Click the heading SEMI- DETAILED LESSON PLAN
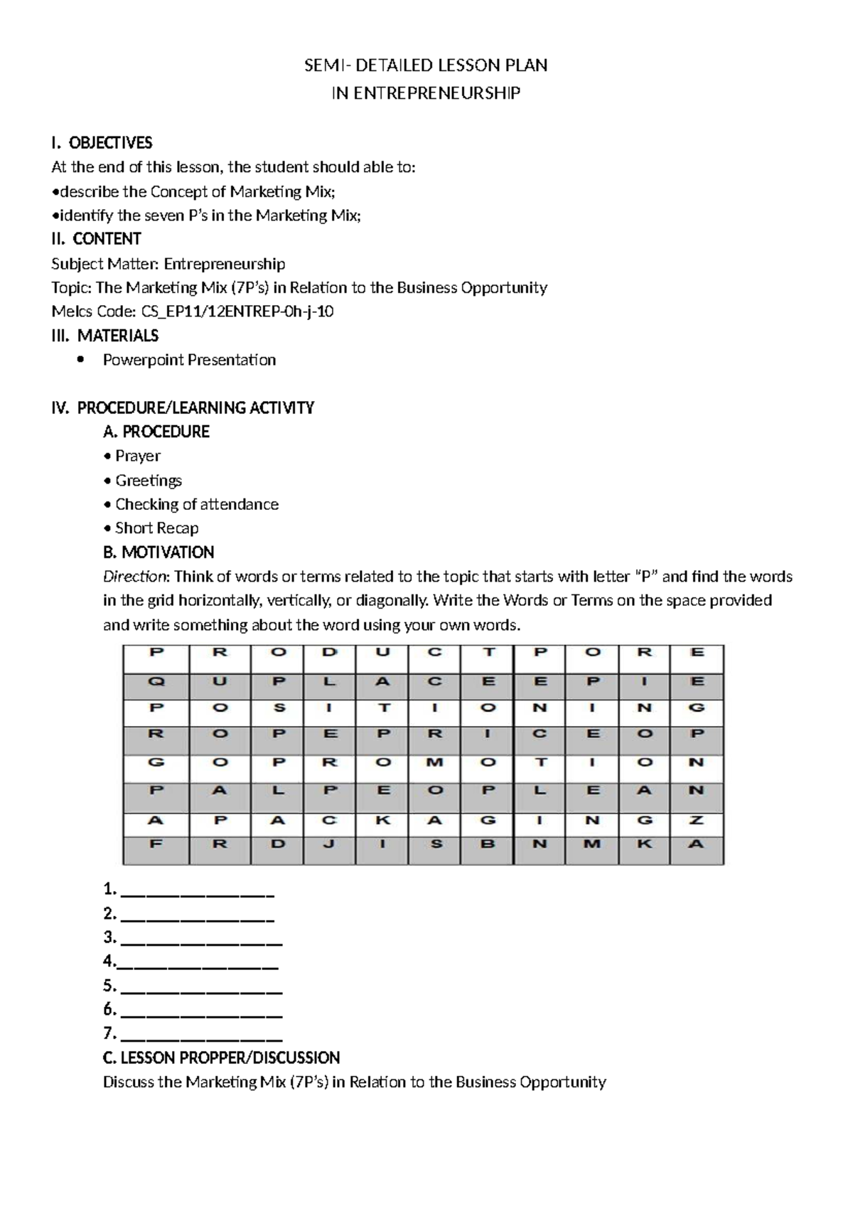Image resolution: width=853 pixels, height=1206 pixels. click(x=426, y=65)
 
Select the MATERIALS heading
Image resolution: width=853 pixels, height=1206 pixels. click(x=117, y=336)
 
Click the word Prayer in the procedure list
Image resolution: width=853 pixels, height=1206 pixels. click(x=138, y=456)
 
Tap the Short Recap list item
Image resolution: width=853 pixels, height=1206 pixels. click(x=156, y=528)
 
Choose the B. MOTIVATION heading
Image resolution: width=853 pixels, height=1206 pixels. click(x=159, y=553)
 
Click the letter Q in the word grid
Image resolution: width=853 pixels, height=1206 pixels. click(x=156, y=681)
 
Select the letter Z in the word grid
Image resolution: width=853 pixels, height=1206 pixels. click(x=697, y=820)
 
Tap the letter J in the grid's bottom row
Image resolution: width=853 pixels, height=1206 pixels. click(x=328, y=844)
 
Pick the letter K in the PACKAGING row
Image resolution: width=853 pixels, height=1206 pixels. click(x=382, y=820)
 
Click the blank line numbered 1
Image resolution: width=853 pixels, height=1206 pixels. click(x=198, y=891)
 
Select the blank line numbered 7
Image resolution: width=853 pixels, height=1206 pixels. click(x=202, y=1035)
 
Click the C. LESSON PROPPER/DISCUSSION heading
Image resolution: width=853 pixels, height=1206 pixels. click(x=221, y=1058)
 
